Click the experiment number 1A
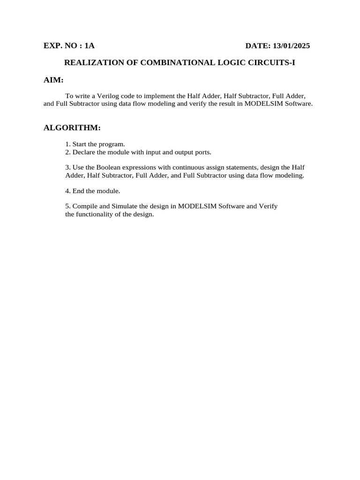tap(90, 46)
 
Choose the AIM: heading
tap(53, 80)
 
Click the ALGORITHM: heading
tap(72, 127)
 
